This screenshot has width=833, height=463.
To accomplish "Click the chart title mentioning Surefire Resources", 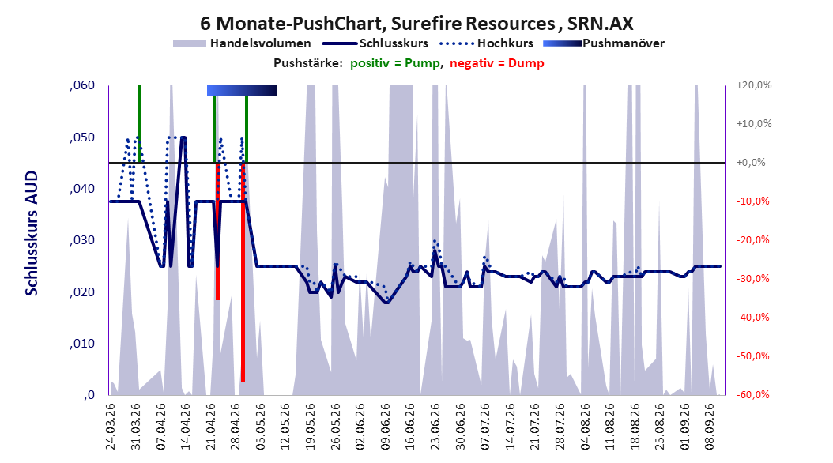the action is click(x=416, y=24).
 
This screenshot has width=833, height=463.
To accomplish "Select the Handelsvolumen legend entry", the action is click(x=242, y=43).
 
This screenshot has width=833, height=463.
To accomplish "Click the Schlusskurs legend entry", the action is click(x=375, y=43).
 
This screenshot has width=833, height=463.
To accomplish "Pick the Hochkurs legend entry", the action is click(x=487, y=43).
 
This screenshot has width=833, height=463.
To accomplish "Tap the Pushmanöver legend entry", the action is click(x=604, y=43).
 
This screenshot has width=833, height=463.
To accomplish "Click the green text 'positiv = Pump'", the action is click(x=395, y=63).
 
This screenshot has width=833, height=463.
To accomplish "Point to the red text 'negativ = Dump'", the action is click(x=497, y=63).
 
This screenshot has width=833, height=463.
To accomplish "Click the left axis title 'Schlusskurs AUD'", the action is click(x=32, y=233).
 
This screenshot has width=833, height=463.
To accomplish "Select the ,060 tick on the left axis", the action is click(x=82, y=85).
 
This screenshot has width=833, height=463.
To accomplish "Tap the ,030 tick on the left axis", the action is click(x=82, y=240).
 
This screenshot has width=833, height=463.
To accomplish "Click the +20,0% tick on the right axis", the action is click(x=754, y=85).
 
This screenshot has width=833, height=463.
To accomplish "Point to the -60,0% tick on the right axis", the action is click(x=752, y=394).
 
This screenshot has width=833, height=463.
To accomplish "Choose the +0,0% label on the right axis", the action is click(x=751, y=163).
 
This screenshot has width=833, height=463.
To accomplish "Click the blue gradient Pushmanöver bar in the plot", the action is click(x=243, y=90).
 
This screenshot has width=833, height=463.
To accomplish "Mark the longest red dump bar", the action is click(x=243, y=272).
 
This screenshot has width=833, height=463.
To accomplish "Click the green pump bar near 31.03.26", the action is click(x=138, y=124).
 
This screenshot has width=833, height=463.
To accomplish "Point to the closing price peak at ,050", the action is click(x=183, y=137).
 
